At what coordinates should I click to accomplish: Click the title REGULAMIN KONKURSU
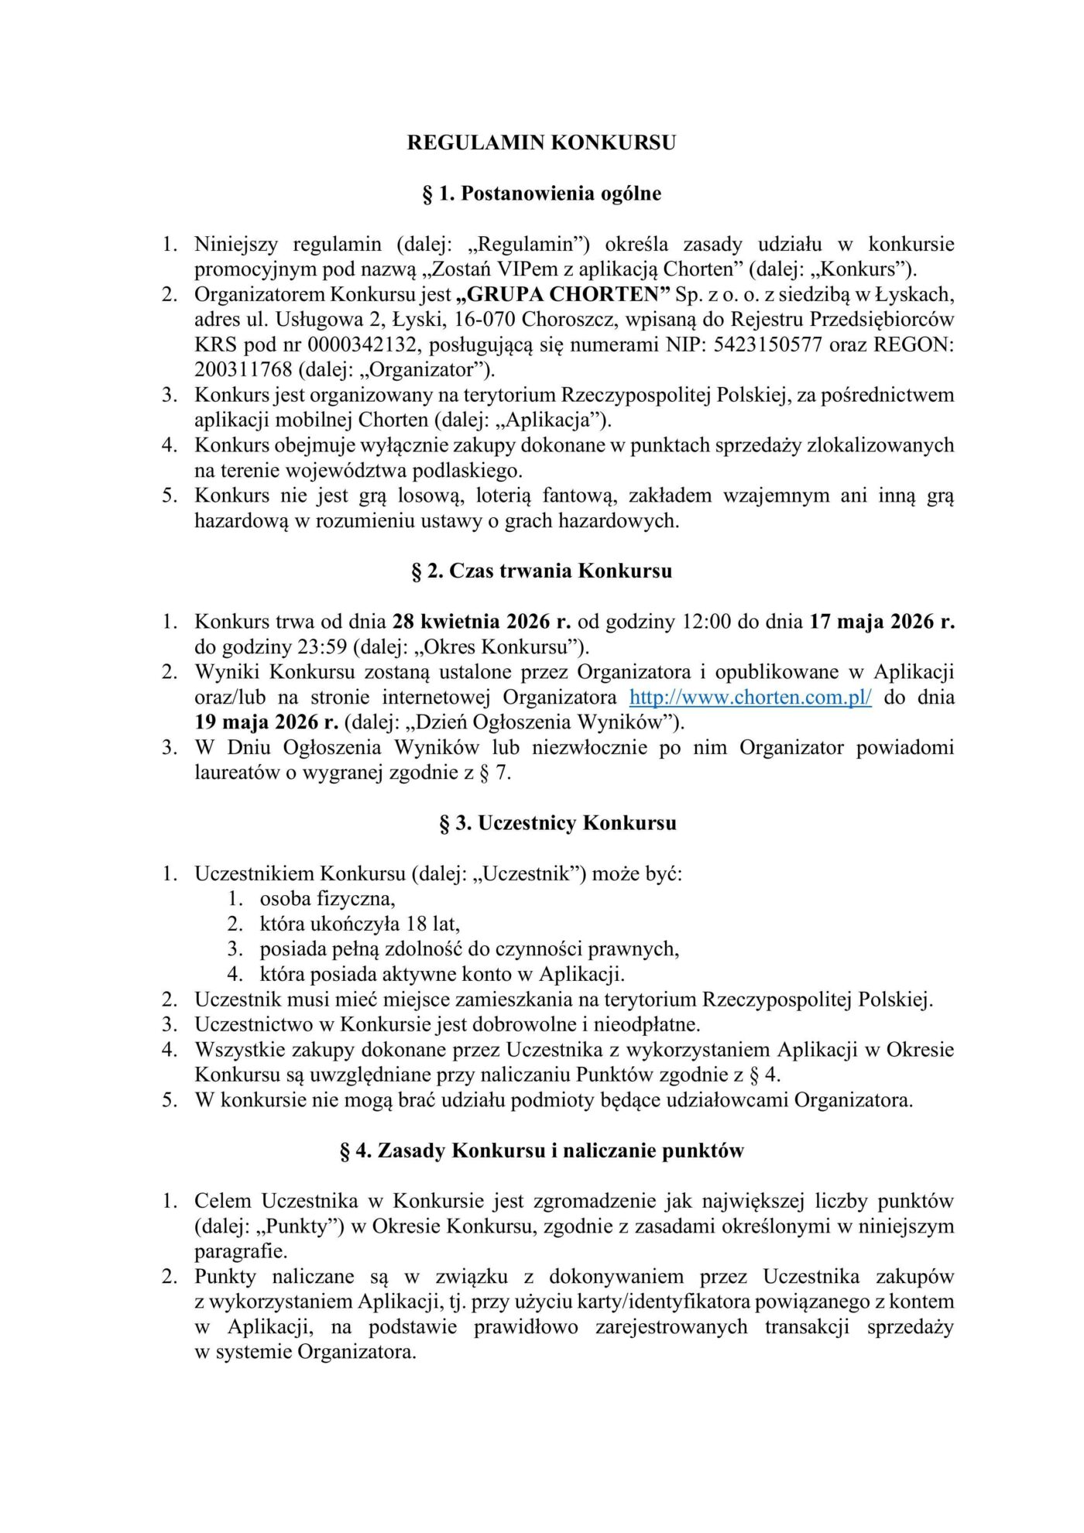point(541,142)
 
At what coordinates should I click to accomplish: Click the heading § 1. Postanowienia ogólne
point(541,193)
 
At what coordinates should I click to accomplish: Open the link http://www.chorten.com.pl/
point(750,697)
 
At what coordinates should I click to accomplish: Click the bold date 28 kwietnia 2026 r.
point(482,621)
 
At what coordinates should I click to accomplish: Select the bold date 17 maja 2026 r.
point(882,621)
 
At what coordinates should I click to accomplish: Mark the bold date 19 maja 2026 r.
point(266,722)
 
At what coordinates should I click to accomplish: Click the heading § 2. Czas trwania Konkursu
point(541,571)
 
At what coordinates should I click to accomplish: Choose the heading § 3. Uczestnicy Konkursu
point(557,823)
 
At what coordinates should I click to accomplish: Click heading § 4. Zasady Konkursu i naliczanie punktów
point(541,1151)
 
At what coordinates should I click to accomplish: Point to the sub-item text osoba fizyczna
point(328,899)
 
